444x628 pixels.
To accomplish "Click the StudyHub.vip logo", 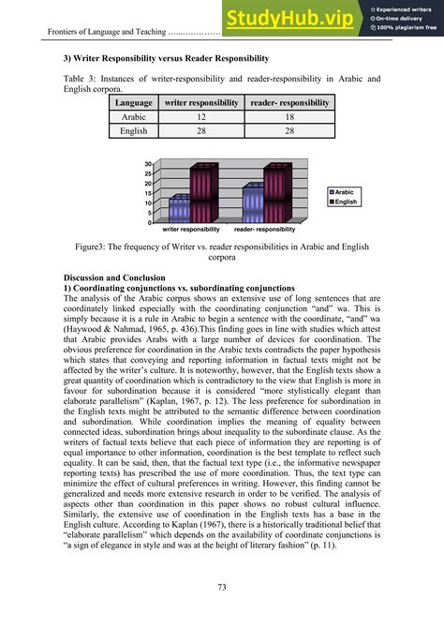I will click(290, 17).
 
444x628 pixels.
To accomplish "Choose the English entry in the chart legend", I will click(346, 202).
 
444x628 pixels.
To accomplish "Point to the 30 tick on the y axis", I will click(148, 165).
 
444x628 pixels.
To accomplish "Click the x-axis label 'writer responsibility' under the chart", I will click(191, 230).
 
